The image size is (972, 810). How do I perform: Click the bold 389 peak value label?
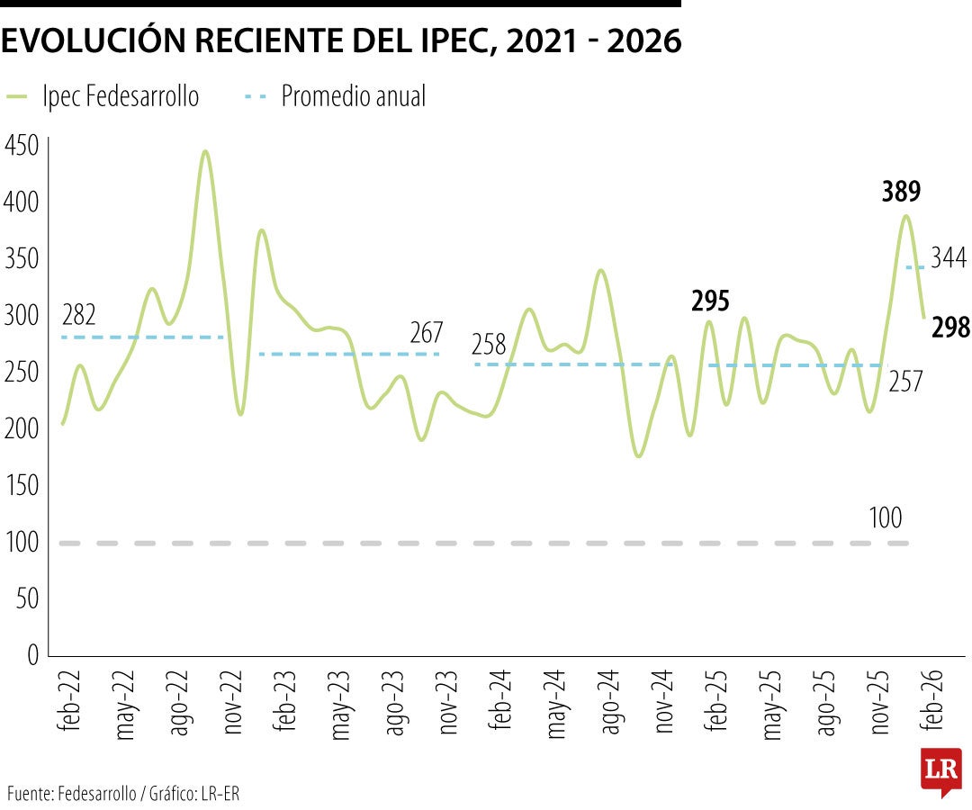click(x=901, y=191)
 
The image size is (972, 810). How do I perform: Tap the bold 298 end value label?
click(x=950, y=328)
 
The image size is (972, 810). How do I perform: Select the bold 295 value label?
click(x=710, y=301)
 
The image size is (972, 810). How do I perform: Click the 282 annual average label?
click(x=79, y=316)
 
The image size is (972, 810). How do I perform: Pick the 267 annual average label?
click(x=426, y=333)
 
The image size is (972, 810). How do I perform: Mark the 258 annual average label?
click(x=490, y=345)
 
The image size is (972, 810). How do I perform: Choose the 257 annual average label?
click(x=905, y=382)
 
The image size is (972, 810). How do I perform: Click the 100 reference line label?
click(x=886, y=518)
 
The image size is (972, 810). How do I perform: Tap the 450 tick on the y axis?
click(x=22, y=145)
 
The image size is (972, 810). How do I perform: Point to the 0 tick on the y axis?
click(x=32, y=655)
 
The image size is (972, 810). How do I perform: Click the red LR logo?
click(x=940, y=770)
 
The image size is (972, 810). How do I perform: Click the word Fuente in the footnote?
click(x=30, y=793)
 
